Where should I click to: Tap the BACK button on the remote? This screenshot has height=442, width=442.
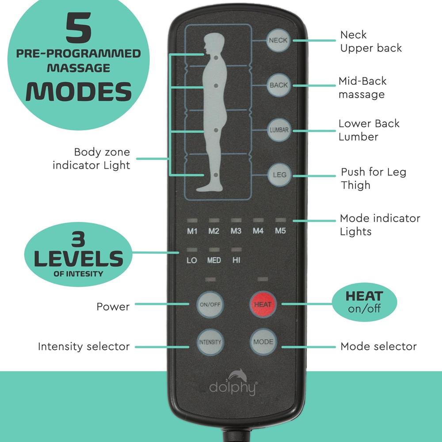pyautogui.click(x=278, y=85)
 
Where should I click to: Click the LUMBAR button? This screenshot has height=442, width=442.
pyautogui.click(x=279, y=130)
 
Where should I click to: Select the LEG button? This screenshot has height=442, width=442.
pyautogui.click(x=279, y=175)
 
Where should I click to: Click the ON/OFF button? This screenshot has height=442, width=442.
pyautogui.click(x=210, y=304)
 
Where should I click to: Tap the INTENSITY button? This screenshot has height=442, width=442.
pyautogui.click(x=210, y=342)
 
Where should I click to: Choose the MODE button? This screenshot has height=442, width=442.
pyautogui.click(x=263, y=342)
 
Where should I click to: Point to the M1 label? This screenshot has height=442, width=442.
pyautogui.click(x=192, y=231)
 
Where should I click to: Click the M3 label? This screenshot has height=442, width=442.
pyautogui.click(x=236, y=231)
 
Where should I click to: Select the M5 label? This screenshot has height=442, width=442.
pyautogui.click(x=280, y=231)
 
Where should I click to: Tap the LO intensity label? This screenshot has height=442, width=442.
pyautogui.click(x=192, y=260)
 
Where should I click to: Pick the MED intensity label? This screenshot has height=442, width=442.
pyautogui.click(x=214, y=260)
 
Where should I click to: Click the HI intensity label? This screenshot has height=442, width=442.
pyautogui.click(x=236, y=260)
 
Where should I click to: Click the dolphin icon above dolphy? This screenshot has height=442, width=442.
pyautogui.click(x=237, y=375)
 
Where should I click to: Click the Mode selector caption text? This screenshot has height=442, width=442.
pyautogui.click(x=378, y=346)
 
